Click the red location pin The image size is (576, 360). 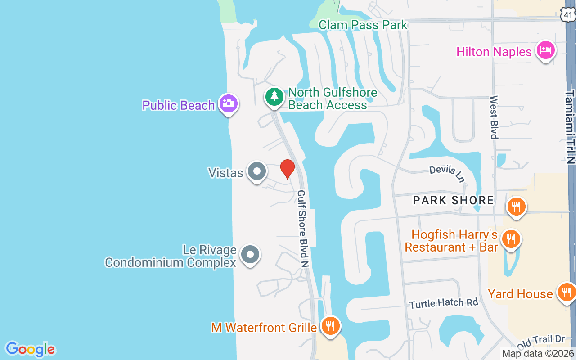tap(287, 169)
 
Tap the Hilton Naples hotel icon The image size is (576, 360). tap(545, 50)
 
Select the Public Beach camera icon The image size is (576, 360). tap(229, 103)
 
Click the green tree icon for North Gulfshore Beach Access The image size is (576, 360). tap(274, 97)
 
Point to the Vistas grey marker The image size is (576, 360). tap(257, 171)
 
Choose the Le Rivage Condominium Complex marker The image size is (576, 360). tap(250, 255)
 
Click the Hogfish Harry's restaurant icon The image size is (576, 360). tap(510, 238)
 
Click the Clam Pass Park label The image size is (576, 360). tap(363, 25)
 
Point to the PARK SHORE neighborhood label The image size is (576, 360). tap(453, 200)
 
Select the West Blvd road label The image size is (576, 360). tap(494, 117)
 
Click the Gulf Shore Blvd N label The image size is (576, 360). tap(302, 229)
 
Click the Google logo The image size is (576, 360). tap(30, 349)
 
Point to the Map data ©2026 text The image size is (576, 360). tap(538, 354)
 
